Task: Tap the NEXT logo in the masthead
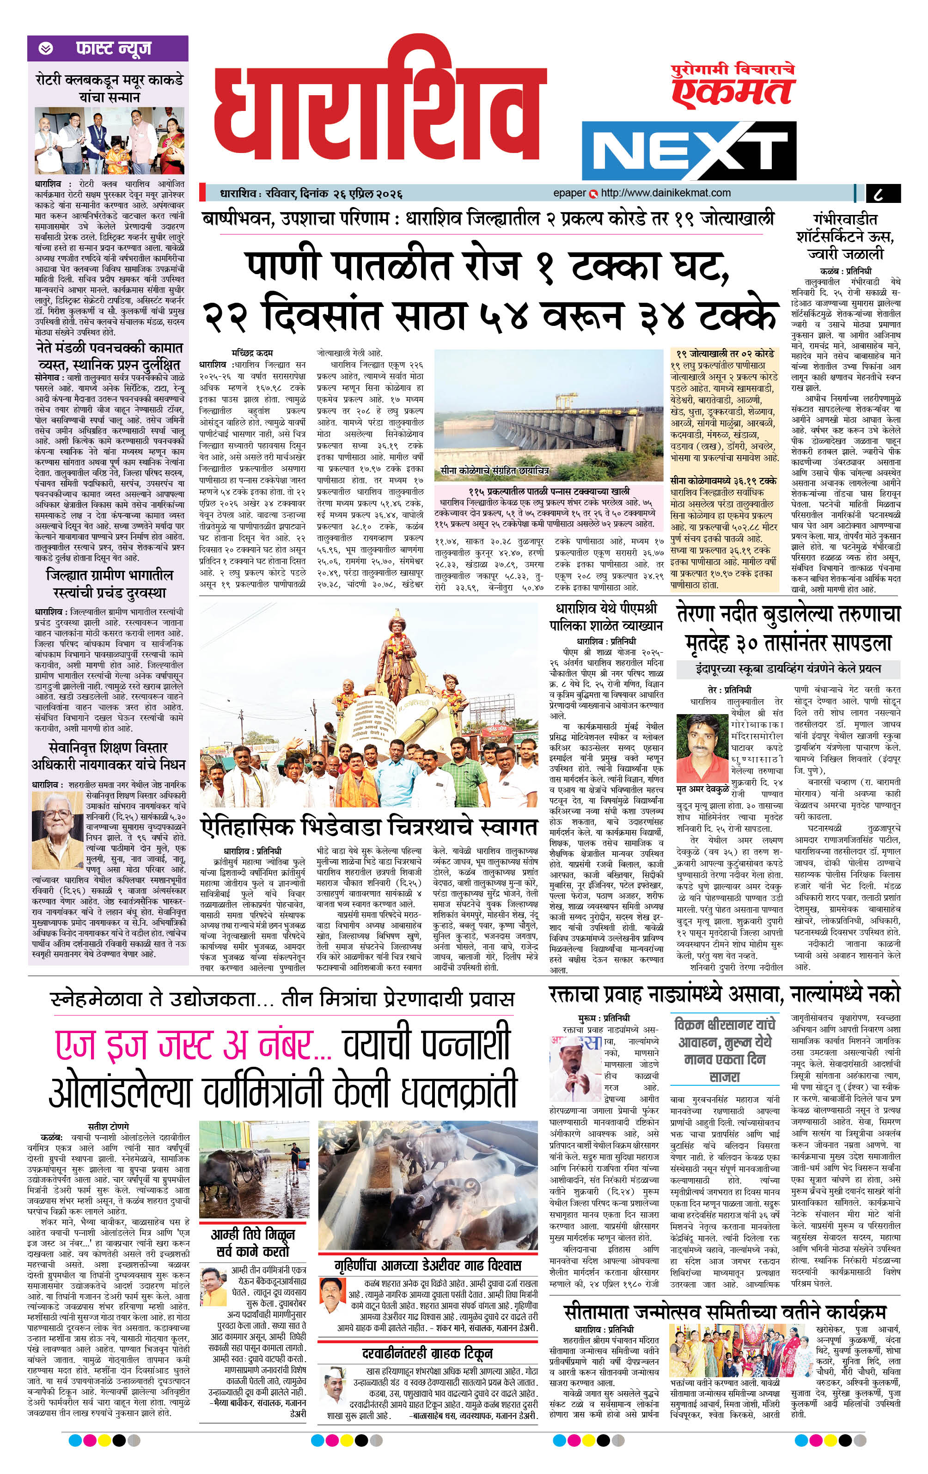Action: click(x=688, y=150)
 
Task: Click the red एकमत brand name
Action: click(x=732, y=92)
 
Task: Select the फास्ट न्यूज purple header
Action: click(x=108, y=48)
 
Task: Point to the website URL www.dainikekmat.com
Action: click(x=665, y=193)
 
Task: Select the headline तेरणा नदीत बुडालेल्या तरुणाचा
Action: click(x=789, y=614)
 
